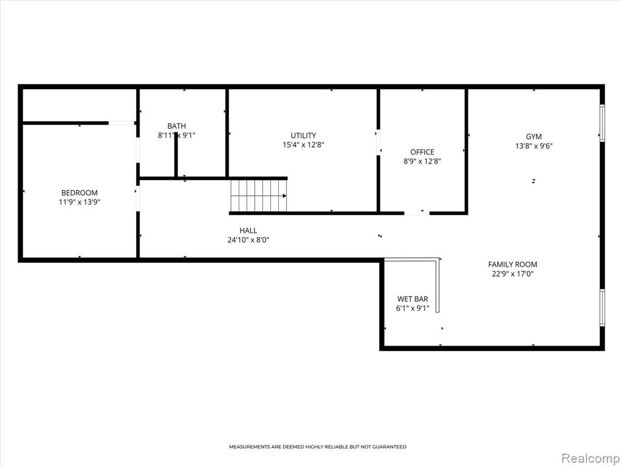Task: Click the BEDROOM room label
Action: pos(80,193)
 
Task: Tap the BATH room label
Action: pos(177,126)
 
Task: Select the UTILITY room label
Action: pos(304,136)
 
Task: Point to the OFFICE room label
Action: pos(422,152)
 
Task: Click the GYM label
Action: pos(534,137)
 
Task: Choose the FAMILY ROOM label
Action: pos(513,265)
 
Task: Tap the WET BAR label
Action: pos(412,299)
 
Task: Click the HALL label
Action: pos(248,230)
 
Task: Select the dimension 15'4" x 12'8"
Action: pos(304,145)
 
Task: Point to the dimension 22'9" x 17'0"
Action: pos(513,274)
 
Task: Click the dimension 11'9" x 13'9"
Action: pos(80,202)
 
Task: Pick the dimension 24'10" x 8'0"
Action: pos(248,240)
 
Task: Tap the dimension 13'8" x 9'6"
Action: pos(534,146)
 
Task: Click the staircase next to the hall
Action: pos(259,196)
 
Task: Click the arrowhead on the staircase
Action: pos(284,196)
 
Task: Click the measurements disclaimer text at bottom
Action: pos(318,447)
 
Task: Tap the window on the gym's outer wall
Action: pos(602,123)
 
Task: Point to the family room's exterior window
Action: pos(602,308)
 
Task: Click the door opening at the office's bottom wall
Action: pos(417,213)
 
